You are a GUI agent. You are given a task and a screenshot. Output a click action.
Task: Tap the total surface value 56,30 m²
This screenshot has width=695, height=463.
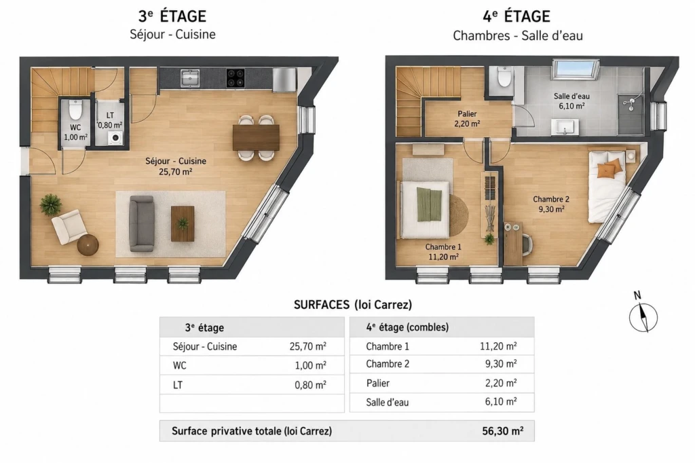click(x=503, y=430)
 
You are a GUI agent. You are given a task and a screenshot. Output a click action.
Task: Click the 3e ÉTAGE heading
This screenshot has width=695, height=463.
click(x=172, y=16)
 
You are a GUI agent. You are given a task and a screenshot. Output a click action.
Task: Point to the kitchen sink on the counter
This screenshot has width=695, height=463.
click(x=190, y=77)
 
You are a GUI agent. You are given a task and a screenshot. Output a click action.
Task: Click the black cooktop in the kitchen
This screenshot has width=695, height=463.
click(x=236, y=77)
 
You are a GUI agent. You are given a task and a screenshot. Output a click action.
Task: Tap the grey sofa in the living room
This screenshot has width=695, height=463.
click(x=141, y=223)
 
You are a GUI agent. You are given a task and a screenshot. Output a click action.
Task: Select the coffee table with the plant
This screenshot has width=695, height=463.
click(x=183, y=223)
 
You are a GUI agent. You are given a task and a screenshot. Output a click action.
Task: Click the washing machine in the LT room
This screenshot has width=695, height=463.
click(x=115, y=138)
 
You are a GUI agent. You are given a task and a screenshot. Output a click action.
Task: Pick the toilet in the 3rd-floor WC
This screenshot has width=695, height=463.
click(x=75, y=111)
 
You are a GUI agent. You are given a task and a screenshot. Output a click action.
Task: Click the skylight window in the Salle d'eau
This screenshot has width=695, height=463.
click(x=576, y=69)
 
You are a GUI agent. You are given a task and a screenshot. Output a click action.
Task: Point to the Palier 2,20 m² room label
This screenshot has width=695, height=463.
click(x=467, y=119)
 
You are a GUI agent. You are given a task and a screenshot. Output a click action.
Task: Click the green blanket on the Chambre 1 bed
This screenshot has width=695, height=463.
click(x=430, y=204)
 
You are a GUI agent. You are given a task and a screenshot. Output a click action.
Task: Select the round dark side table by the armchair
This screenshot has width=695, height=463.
click(x=88, y=245)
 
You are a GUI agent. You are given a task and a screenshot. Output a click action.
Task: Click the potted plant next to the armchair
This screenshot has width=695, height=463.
click(x=51, y=205)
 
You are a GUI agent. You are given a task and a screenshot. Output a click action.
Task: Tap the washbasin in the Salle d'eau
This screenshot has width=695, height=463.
click(x=565, y=126)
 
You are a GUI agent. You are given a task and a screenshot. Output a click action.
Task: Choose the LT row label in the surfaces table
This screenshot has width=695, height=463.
click(x=178, y=385)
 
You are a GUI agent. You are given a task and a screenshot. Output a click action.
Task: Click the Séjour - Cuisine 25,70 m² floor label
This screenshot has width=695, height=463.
click(x=176, y=166)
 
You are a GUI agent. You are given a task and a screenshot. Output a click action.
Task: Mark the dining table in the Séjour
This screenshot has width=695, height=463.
click(x=256, y=138)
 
